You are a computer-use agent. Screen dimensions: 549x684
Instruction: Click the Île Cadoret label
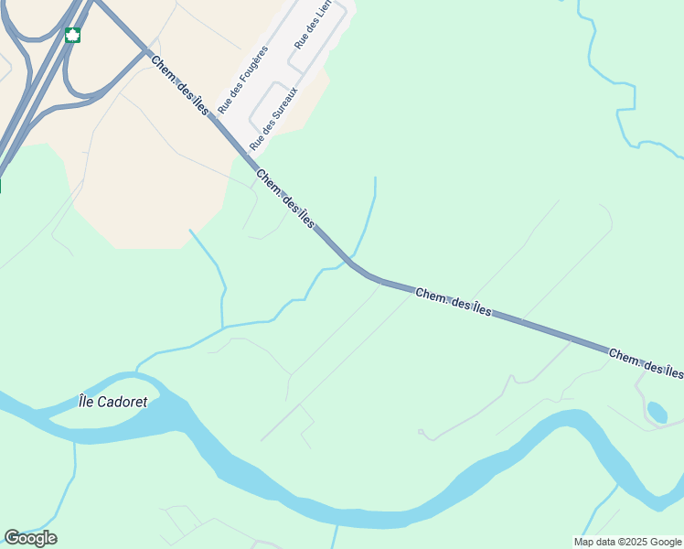pos(113,401)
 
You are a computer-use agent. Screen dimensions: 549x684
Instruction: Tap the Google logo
pos(30,538)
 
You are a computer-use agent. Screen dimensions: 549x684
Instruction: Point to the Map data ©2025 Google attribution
pos(627,542)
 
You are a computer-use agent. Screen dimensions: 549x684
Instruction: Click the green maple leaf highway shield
pos(72,36)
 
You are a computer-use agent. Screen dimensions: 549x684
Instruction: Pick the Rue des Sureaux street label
pos(274,119)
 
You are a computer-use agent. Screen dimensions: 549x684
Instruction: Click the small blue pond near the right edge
pos(657,412)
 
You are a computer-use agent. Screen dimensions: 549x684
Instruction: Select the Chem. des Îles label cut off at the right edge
pos(646,363)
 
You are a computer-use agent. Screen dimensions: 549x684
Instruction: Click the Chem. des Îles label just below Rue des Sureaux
pos(285,199)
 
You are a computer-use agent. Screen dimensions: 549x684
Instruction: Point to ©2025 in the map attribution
pos(635,542)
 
